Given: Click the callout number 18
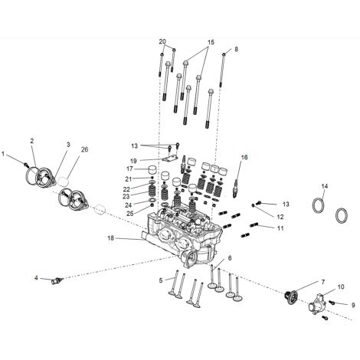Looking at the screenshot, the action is coord(110,238).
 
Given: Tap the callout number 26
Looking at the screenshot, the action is coord(84,149).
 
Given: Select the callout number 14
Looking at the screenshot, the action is coord(324,186).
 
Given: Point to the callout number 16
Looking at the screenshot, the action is coord(244,157).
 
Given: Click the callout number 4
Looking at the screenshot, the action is coord(36,277).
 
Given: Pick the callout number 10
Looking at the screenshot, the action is coord(341,286).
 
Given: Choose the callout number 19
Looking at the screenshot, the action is coord(133,161).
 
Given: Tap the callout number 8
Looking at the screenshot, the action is coord(236,49).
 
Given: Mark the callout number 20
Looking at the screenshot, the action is coord(162,41).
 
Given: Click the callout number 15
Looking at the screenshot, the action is coord(211,42).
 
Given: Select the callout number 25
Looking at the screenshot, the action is coord(130,214).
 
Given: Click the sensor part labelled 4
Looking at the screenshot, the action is coord(57,281).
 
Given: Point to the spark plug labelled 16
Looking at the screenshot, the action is coord(236,188).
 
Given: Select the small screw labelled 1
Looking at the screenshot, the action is coord(25,165).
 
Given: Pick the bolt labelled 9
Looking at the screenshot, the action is coord(332,303).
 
